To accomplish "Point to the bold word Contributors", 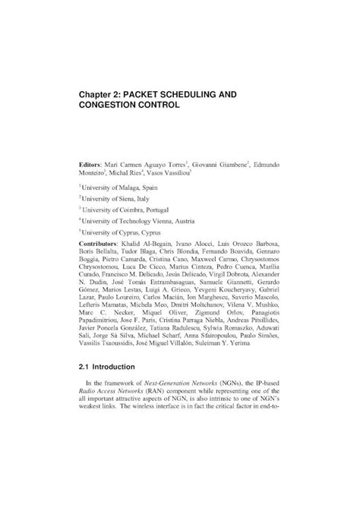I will [103, 242].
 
